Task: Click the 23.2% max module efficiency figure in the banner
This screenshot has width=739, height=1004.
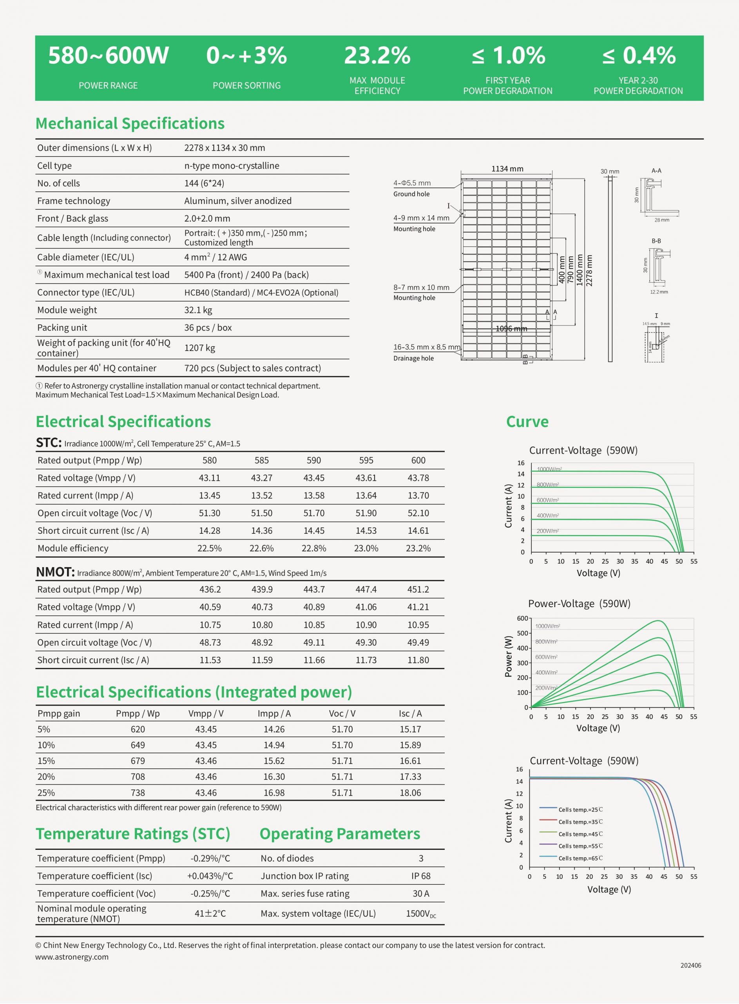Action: (377, 56)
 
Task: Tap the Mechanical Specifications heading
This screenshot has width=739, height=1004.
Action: (130, 124)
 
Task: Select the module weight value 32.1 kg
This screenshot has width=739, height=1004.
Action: (198, 310)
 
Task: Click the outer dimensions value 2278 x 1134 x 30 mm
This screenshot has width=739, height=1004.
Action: (225, 148)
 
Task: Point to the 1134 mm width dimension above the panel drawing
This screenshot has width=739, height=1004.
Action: (507, 169)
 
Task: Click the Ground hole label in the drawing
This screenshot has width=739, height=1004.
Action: (411, 194)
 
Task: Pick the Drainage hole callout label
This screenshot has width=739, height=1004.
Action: (413, 358)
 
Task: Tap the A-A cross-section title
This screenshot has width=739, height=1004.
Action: (656, 171)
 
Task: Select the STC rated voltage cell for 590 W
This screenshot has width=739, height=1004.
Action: (313, 478)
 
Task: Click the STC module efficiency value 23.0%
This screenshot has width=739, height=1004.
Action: (366, 548)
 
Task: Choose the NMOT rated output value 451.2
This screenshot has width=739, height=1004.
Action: (418, 589)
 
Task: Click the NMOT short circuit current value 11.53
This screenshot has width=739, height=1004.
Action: (210, 660)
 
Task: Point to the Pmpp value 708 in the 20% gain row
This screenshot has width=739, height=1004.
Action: (138, 777)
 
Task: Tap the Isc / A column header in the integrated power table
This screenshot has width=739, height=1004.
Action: (410, 713)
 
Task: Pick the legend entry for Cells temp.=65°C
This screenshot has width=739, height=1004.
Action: (580, 858)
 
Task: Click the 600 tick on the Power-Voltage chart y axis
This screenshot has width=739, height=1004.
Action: (522, 618)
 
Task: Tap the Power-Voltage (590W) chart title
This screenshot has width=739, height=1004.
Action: (579, 604)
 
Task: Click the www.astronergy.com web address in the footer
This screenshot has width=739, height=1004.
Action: (72, 957)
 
